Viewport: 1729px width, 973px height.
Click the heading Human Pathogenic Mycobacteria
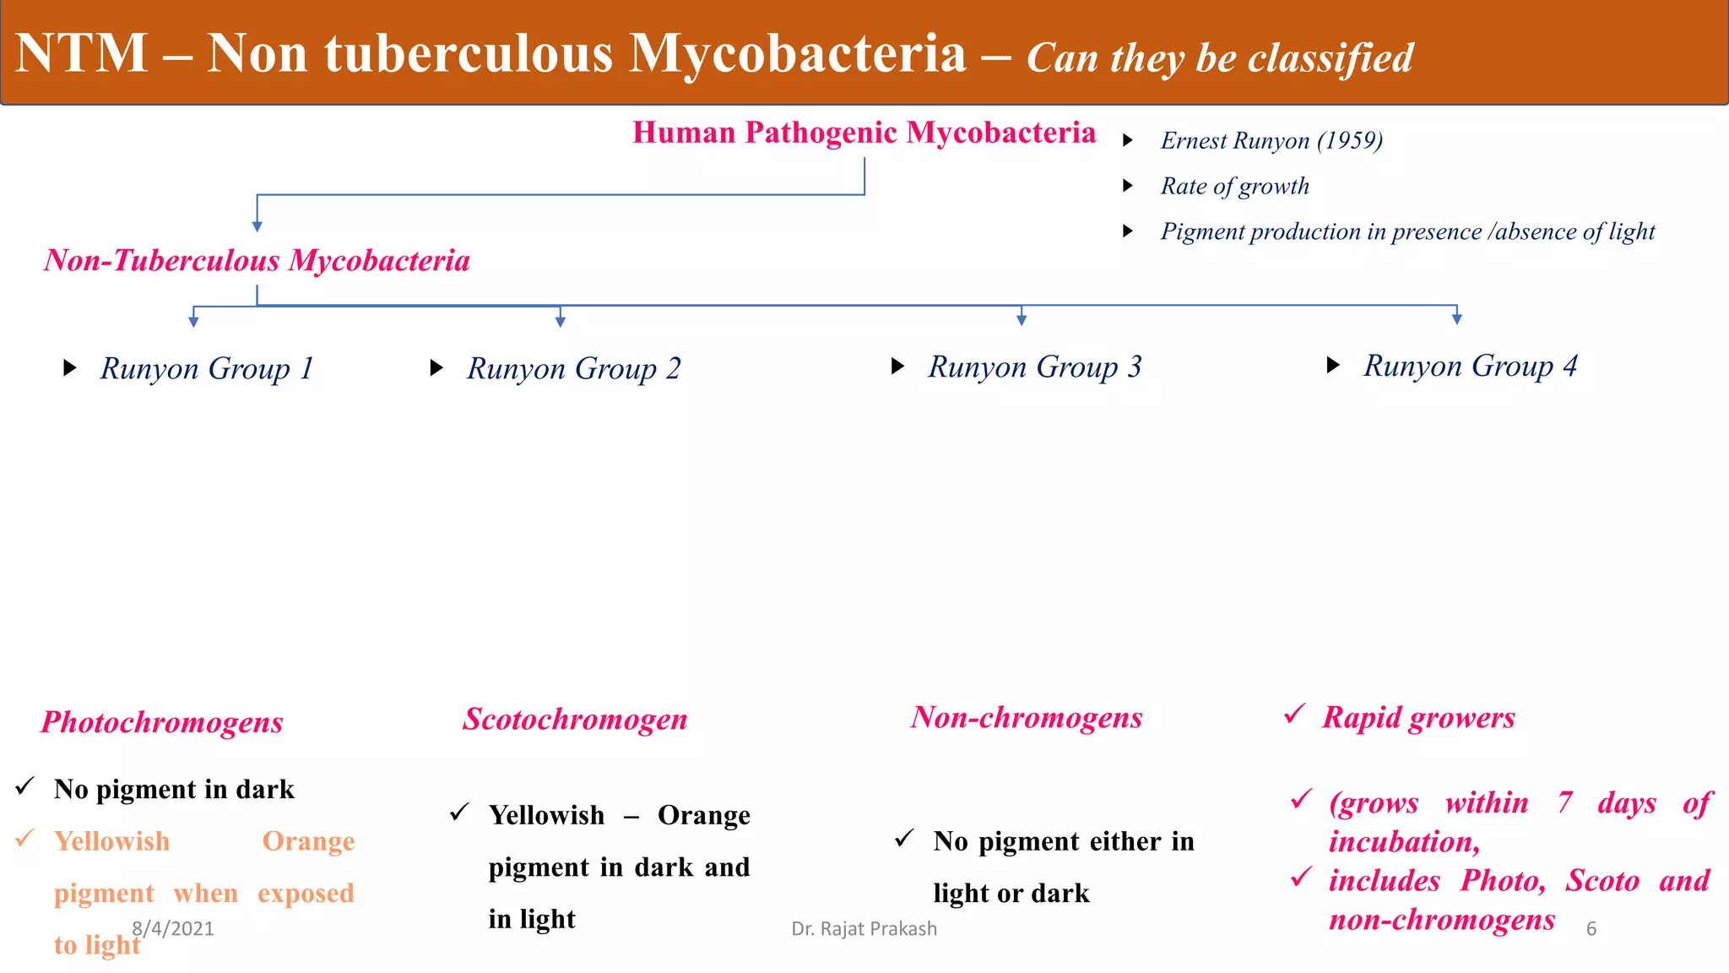[x=864, y=133]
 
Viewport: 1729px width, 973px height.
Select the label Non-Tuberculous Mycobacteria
[x=257, y=260]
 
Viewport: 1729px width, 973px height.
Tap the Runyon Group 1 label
[x=207, y=368]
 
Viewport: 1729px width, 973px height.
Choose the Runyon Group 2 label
[x=573, y=368]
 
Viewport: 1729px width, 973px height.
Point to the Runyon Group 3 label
[x=1034, y=367]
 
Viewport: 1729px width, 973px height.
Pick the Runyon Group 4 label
[x=1470, y=366]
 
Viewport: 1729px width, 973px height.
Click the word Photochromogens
[x=162, y=722]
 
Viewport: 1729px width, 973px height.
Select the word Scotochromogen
[x=575, y=719]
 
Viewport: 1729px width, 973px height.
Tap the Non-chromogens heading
[x=1026, y=717]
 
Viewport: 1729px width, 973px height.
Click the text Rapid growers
[x=1418, y=717]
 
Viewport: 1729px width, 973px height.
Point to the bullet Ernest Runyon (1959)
[x=1271, y=140]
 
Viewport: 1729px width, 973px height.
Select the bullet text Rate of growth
[x=1234, y=186]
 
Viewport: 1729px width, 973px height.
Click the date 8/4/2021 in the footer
[x=173, y=928]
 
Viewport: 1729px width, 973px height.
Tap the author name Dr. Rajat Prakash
[x=864, y=928]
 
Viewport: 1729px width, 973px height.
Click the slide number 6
[x=1591, y=928]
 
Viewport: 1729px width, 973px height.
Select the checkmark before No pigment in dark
[x=24, y=786]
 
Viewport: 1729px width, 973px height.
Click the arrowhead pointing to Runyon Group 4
[x=1456, y=318]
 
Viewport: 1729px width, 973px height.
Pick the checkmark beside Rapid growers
[x=1294, y=714]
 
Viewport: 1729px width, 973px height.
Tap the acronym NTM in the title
[x=82, y=53]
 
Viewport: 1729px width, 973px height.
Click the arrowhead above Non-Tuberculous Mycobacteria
[x=257, y=226]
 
